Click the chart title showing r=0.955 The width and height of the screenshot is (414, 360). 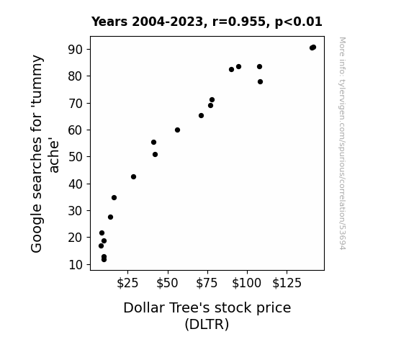[207, 22]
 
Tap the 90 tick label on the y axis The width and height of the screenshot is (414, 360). [76, 50]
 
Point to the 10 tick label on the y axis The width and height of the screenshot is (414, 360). [76, 264]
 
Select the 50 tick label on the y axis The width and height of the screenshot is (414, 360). [76, 157]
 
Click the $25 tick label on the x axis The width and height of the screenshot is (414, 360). [127, 283]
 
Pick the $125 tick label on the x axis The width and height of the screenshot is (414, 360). [287, 283]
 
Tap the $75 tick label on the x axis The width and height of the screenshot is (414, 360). [207, 283]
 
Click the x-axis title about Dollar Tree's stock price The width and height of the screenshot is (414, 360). [207, 316]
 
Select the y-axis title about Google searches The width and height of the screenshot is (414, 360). [45, 153]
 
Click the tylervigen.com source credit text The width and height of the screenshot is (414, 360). [343, 143]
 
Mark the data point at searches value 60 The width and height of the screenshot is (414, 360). [177, 130]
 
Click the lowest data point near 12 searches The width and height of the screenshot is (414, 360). [104, 260]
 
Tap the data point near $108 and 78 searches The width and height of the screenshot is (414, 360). [260, 82]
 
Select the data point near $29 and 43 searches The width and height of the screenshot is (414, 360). [134, 176]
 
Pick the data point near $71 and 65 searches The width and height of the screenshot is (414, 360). [201, 116]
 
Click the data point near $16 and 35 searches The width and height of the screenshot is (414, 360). [114, 197]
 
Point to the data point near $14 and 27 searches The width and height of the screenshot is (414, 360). [111, 217]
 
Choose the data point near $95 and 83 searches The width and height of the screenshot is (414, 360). [239, 66]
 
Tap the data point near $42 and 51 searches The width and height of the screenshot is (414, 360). [156, 155]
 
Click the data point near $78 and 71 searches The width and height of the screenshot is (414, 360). [212, 100]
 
